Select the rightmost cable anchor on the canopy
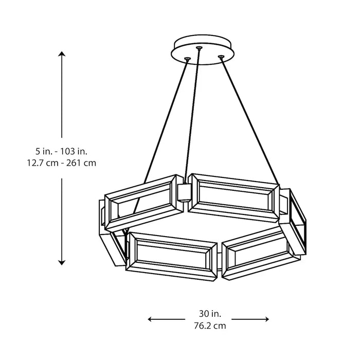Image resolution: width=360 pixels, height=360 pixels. point(221,56)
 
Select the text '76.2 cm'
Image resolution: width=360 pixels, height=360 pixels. point(209,325)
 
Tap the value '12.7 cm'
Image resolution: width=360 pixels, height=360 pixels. point(42,163)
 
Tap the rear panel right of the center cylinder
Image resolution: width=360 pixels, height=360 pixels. point(234,197)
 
